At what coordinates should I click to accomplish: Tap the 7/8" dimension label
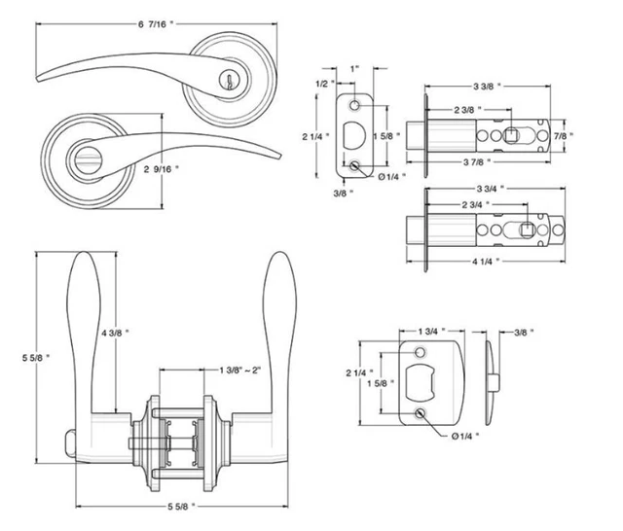pos(564,135)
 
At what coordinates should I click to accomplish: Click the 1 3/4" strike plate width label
pos(426,333)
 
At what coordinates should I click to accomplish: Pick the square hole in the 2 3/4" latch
pos(527,230)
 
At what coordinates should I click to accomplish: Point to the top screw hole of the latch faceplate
pos(356,102)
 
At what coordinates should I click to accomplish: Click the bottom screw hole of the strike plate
pos(420,415)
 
